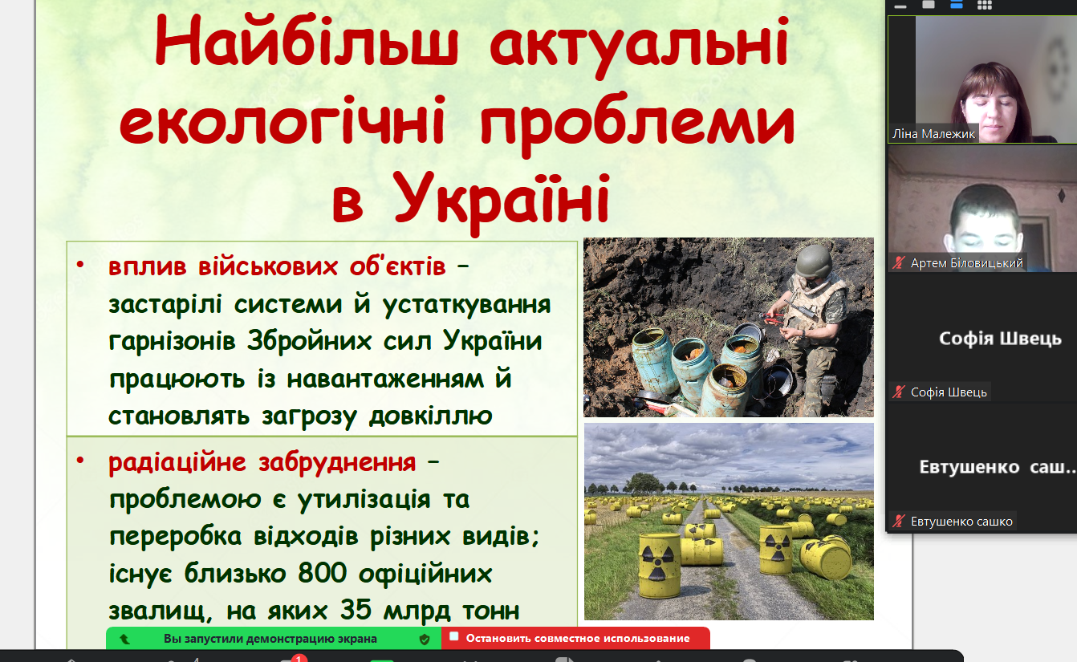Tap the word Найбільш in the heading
click(307, 42)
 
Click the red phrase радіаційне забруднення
click(262, 462)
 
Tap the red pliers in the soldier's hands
click(774, 317)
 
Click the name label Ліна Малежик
click(933, 134)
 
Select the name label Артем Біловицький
click(966, 263)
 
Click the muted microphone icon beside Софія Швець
click(899, 392)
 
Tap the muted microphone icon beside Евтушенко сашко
click(899, 521)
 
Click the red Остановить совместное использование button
click(575, 638)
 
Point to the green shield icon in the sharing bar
click(424, 639)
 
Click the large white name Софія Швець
click(1000, 339)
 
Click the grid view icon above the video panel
click(985, 6)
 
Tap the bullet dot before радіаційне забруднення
click(80, 461)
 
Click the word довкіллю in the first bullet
click(431, 415)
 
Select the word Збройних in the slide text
click(310, 341)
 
